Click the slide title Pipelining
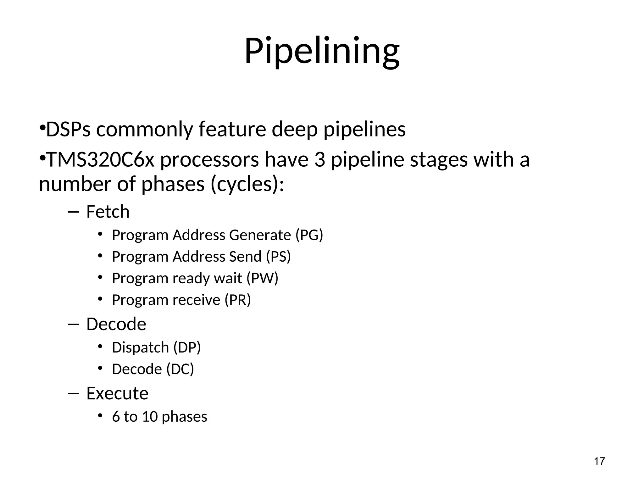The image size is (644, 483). (322, 51)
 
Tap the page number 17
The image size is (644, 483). (599, 461)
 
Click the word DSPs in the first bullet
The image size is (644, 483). (68, 129)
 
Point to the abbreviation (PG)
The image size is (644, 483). (309, 235)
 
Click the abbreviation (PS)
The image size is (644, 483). (278, 257)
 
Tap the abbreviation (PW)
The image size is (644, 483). (262, 278)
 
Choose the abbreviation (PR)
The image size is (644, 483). (238, 300)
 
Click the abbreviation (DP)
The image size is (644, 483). (187, 347)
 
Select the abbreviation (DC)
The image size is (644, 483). (180, 369)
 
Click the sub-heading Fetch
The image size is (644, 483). (108, 212)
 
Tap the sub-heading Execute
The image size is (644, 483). (117, 393)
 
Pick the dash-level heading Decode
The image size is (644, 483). (116, 324)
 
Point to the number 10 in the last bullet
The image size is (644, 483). (150, 417)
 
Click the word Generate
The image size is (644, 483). (260, 235)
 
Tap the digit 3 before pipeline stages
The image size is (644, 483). (319, 159)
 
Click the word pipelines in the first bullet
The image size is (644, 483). (364, 129)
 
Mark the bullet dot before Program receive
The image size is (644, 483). (100, 298)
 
